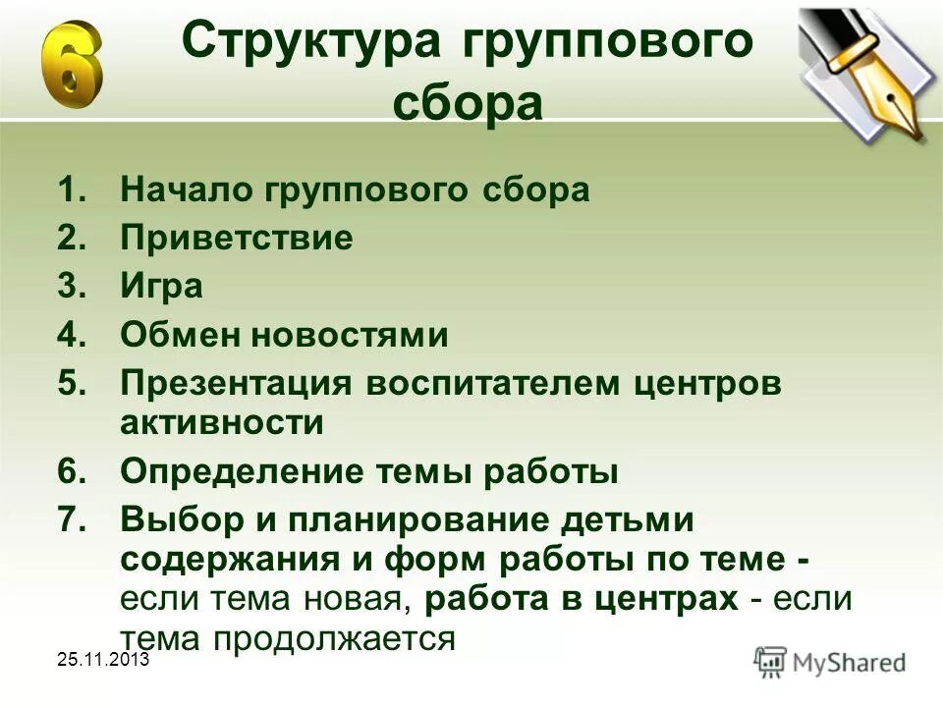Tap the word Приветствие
point(236,239)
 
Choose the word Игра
point(161,288)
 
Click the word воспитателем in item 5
point(481,383)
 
